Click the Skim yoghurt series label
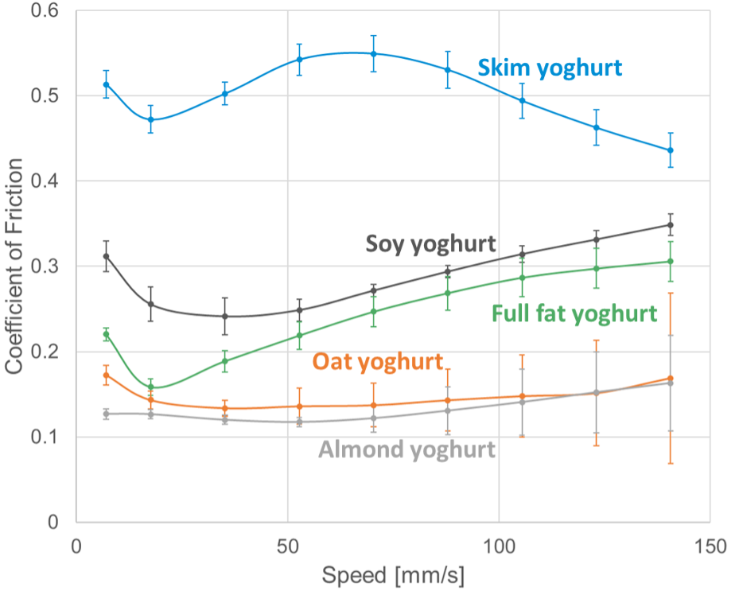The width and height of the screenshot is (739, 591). [x=549, y=68]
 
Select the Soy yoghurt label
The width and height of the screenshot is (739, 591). [x=430, y=243]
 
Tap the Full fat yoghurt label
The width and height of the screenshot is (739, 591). [x=575, y=313]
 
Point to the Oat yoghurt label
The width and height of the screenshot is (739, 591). [x=377, y=362]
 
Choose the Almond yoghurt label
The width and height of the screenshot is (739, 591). [x=406, y=449]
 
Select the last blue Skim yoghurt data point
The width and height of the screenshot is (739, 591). [x=671, y=150]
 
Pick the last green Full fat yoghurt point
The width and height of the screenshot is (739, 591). [x=671, y=262]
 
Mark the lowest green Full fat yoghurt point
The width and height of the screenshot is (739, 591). [x=150, y=387]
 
